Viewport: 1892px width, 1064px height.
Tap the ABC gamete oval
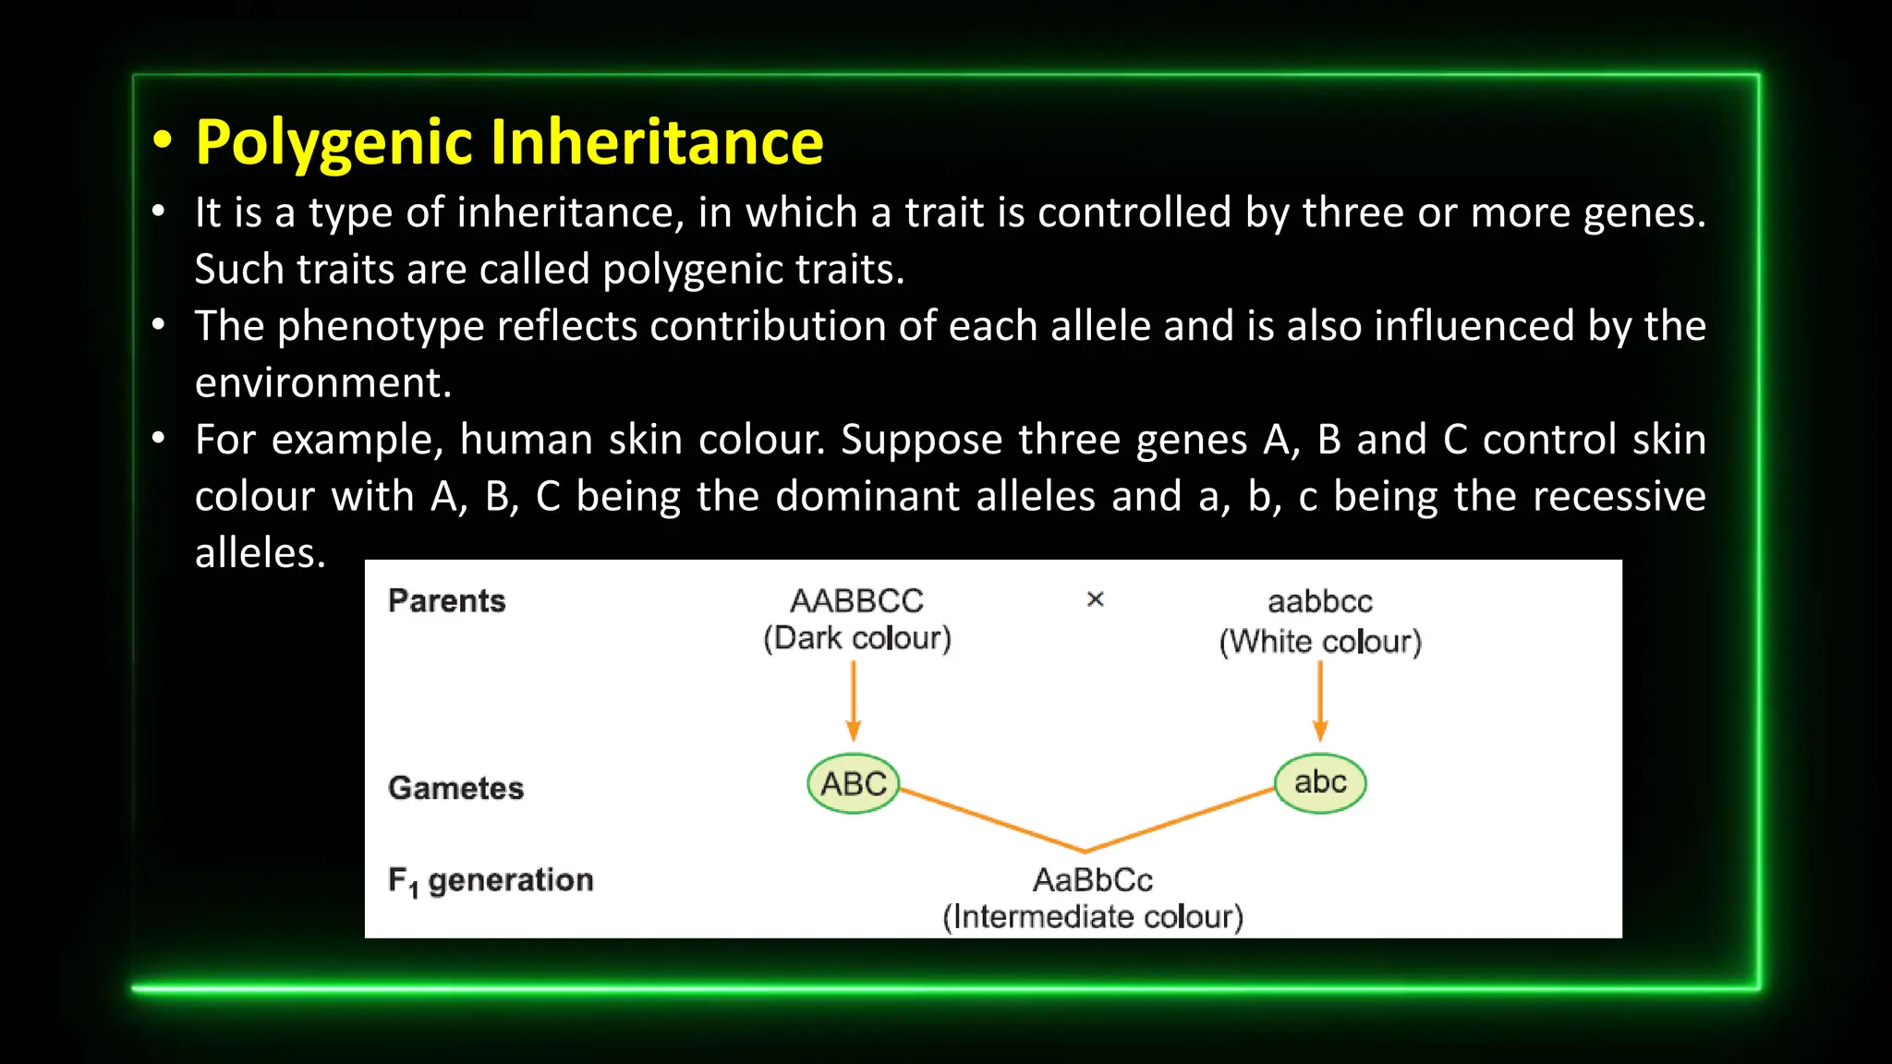[853, 784]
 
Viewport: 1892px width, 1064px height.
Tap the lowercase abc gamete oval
[1320, 783]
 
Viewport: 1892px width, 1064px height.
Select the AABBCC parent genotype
[856, 601]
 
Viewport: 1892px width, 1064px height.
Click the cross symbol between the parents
[1096, 599]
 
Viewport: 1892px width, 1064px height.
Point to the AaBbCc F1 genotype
[1093, 880]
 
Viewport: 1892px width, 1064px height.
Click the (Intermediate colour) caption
[1093, 917]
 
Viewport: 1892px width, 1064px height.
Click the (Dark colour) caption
[856, 638]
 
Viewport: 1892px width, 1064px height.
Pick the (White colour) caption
[1320, 642]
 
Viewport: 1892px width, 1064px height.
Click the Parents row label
[447, 601]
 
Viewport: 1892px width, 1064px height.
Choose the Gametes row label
[456, 789]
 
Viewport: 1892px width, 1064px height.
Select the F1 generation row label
[491, 881]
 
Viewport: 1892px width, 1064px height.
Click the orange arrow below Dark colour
[854, 702]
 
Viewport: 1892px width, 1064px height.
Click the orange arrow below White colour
[1320, 702]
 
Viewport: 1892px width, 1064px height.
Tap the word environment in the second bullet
[321, 383]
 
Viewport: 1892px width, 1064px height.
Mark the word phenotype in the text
[381, 327]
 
